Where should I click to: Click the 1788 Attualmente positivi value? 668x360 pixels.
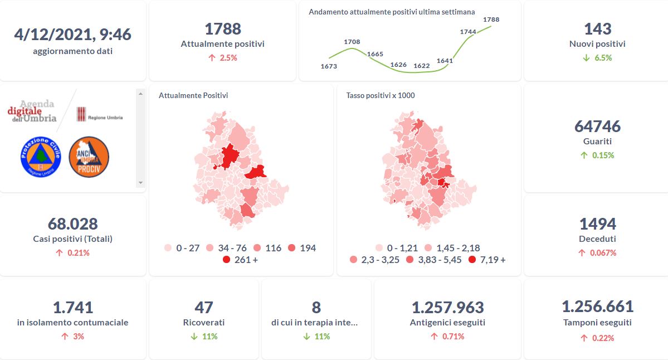[x=222, y=28]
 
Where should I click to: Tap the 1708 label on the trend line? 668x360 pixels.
[x=352, y=42]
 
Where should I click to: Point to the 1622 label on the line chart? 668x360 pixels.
[x=422, y=66]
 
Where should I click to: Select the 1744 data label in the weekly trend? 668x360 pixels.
[x=468, y=32]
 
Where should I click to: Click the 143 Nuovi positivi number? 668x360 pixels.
[x=597, y=28]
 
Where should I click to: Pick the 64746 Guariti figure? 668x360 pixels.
[x=597, y=126]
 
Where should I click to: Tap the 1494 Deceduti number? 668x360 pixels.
[x=597, y=223]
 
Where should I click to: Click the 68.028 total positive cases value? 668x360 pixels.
[x=72, y=223]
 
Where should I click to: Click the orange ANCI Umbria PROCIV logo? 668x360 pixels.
[x=89, y=157]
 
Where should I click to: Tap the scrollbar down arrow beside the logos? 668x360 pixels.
[x=140, y=182]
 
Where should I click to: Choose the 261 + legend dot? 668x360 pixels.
[x=226, y=260]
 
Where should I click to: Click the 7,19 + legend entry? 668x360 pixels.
[x=488, y=260]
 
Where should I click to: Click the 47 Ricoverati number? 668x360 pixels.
[x=204, y=307]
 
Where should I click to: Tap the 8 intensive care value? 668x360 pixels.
[x=316, y=307]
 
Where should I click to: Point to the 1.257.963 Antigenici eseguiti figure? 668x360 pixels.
[x=447, y=307]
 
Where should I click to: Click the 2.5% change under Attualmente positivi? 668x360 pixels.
[x=223, y=57]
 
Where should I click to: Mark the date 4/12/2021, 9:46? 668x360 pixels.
[x=72, y=35]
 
